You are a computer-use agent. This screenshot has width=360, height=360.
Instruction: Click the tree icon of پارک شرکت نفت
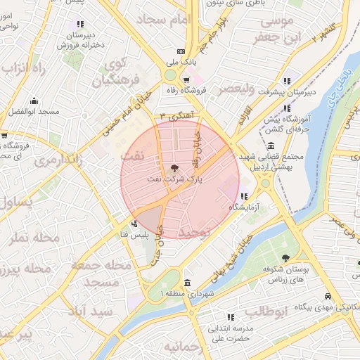pos(174,168)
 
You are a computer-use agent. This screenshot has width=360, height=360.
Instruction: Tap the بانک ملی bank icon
pos(181,51)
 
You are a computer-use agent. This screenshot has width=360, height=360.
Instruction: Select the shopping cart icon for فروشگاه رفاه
pos(186,79)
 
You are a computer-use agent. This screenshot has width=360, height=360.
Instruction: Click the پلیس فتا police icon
pos(134,224)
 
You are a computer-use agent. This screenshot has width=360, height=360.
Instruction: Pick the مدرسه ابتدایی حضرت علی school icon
pos(230,318)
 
